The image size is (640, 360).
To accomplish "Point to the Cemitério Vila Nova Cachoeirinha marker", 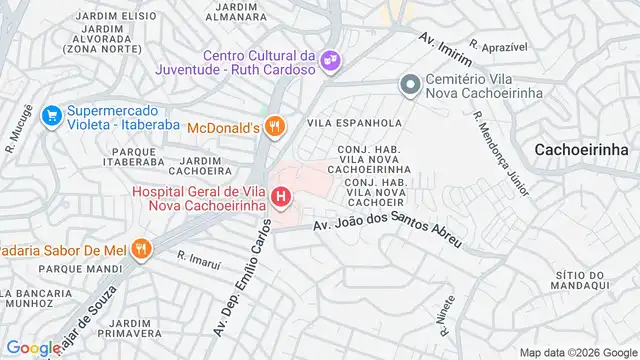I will click(x=408, y=86).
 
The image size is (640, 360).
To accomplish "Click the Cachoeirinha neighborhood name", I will click(x=581, y=148).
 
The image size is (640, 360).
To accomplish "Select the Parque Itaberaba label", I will click(x=132, y=156).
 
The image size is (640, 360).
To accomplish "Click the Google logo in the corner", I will click(x=31, y=348).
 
